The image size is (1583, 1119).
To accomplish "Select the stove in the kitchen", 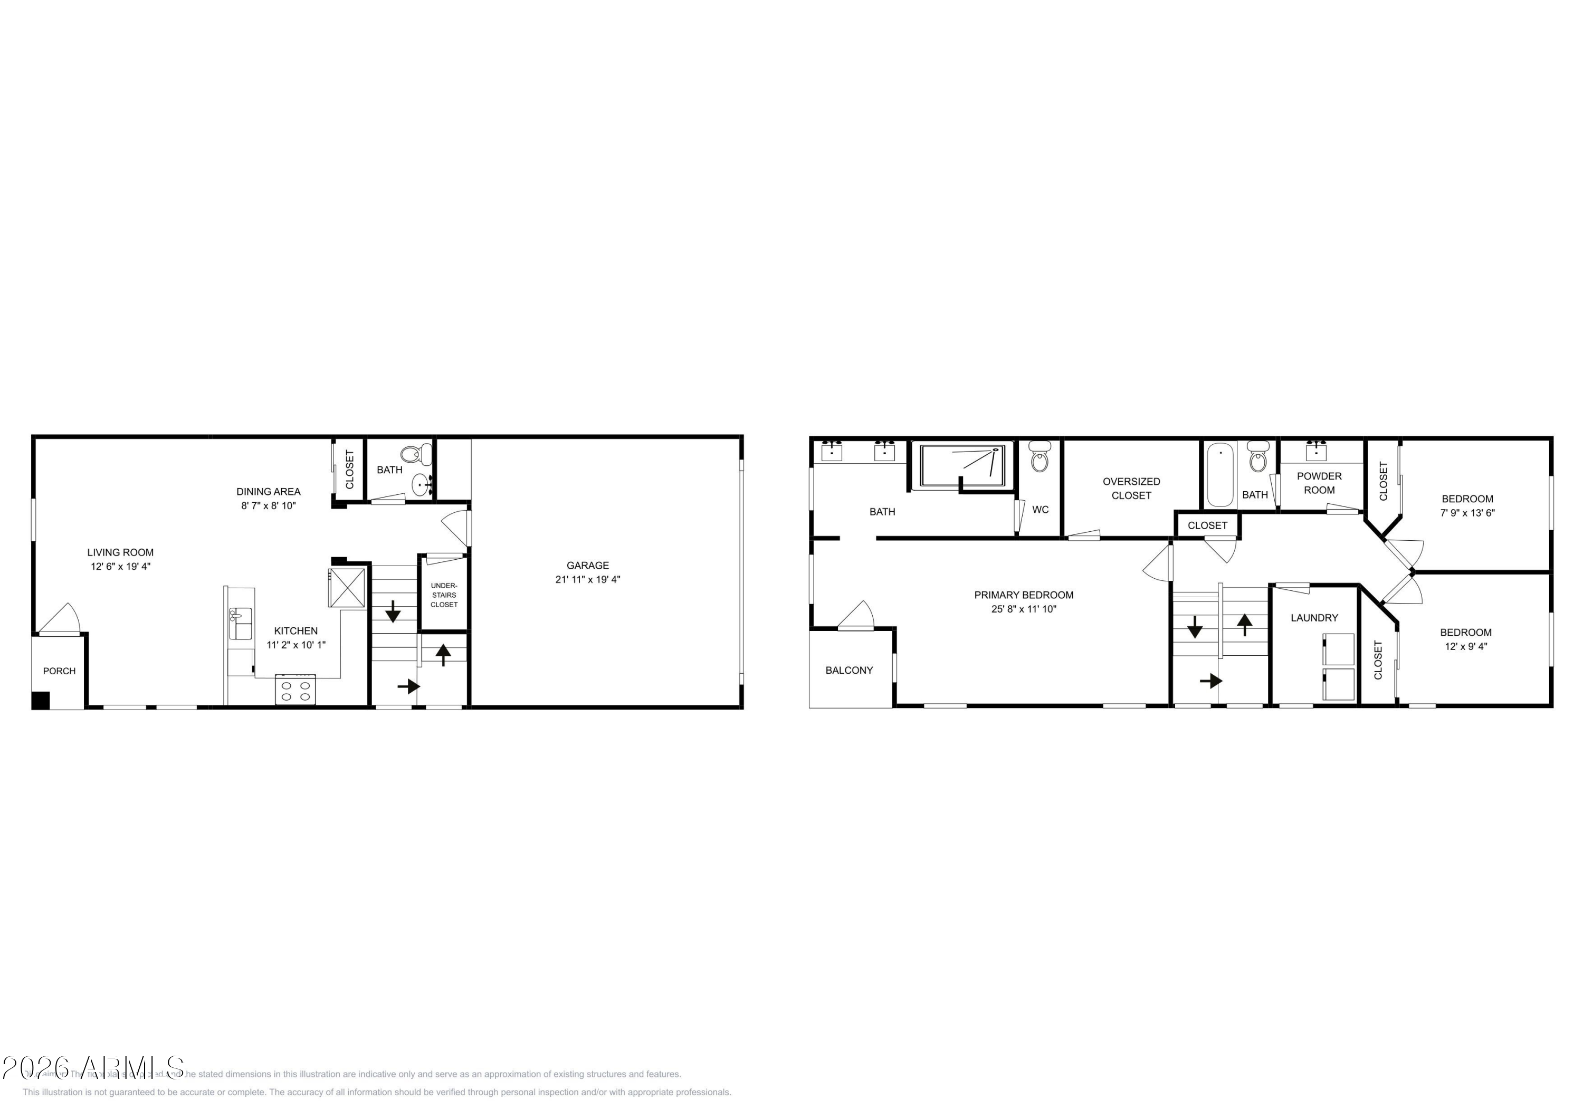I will click(295, 690).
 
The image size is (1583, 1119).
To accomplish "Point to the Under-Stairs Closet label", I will click(444, 595).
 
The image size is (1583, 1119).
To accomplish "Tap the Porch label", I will click(59, 671).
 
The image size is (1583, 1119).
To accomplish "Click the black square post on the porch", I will click(41, 701).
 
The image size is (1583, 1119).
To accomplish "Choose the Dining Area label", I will click(268, 492).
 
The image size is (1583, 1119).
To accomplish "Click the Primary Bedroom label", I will click(1023, 595).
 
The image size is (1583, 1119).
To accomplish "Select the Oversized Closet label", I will click(1131, 488).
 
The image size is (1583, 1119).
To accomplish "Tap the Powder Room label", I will click(1319, 483).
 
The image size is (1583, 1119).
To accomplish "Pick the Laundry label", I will click(1314, 618).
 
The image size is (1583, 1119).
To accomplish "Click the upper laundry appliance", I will click(1338, 649).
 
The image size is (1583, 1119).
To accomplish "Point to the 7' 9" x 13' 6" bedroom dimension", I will click(1467, 513).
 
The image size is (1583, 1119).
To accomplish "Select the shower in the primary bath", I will click(962, 465).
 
